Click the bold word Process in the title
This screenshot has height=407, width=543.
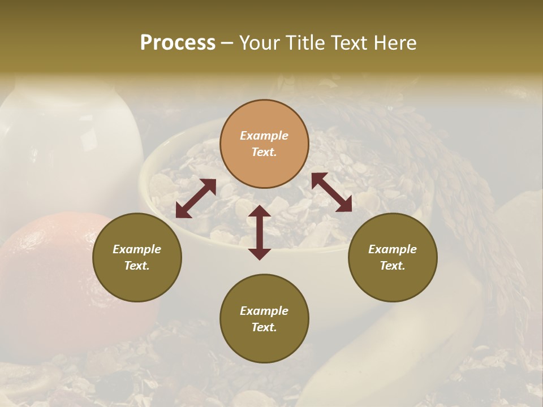click(x=178, y=43)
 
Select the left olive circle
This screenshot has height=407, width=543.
click(x=137, y=258)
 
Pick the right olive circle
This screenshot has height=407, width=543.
click(x=393, y=258)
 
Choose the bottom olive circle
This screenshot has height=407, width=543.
click(x=264, y=319)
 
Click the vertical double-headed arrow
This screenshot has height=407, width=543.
click(x=260, y=232)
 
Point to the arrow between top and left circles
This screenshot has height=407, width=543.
click(x=196, y=198)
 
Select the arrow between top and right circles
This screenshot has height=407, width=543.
click(x=331, y=192)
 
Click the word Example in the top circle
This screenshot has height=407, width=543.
click(x=264, y=136)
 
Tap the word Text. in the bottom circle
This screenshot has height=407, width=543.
click(x=264, y=327)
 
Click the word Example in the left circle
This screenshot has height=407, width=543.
click(x=137, y=249)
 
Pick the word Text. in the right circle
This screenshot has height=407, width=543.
click(x=393, y=266)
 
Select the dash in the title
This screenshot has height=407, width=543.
click(x=227, y=43)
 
